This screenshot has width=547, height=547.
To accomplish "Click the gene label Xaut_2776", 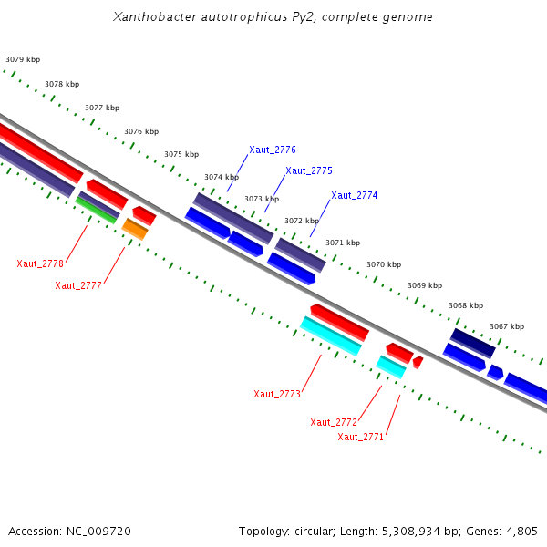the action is (272, 150).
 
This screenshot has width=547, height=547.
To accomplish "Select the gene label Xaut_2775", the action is (308, 170).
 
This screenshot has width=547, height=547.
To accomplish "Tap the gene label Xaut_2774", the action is (354, 195).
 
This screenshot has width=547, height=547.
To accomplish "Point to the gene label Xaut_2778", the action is (40, 263).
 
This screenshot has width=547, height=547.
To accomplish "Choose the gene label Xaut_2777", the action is (77, 285).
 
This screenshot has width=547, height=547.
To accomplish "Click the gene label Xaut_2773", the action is (276, 394).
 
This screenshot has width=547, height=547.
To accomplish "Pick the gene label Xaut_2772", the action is (333, 422).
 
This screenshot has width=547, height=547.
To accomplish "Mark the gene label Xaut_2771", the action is (360, 437).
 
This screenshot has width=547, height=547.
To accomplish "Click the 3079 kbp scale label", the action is (23, 59).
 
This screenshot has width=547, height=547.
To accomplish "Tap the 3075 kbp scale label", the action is (181, 154).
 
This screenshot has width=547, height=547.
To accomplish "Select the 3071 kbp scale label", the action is (343, 243).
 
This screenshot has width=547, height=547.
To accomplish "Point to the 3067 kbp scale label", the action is (507, 326).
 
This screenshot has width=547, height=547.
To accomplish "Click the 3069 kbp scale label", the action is (425, 285).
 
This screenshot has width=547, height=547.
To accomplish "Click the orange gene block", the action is (135, 229).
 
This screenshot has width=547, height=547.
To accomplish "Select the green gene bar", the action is (97, 209).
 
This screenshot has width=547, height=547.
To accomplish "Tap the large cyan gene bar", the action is (330, 335).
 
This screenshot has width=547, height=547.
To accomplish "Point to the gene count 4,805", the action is (522, 531).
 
